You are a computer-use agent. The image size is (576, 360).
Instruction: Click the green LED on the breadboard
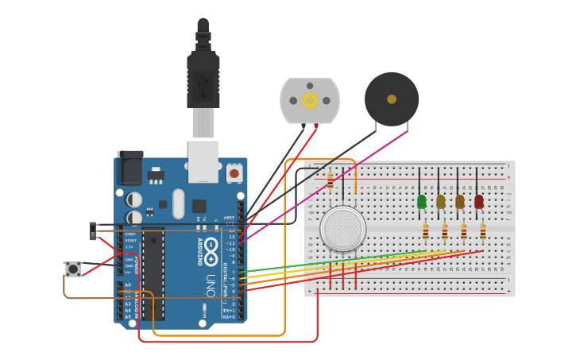(x=422, y=202)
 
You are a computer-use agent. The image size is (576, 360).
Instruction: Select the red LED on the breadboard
(x=479, y=202)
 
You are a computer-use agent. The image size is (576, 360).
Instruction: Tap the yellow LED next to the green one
(x=441, y=202)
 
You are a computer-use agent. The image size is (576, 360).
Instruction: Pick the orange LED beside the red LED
(x=460, y=202)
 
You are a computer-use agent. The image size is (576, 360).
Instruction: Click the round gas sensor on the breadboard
(x=343, y=229)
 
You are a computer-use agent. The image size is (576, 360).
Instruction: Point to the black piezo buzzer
(x=392, y=99)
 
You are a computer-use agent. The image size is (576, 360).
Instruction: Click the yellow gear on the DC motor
(x=310, y=100)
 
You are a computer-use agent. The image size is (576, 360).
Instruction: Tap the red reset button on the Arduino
(x=234, y=172)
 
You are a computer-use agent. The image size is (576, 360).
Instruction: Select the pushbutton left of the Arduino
(x=73, y=269)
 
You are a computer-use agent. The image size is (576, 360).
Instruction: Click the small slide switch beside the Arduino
(x=93, y=231)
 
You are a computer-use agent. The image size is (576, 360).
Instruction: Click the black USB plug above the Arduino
(x=203, y=79)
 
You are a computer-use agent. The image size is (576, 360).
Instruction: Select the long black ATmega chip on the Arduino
(x=153, y=273)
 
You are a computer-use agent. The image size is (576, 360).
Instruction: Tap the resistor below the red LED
(x=483, y=231)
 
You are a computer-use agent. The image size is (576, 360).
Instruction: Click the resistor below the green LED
(x=426, y=231)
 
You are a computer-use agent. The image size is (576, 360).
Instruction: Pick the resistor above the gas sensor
(x=331, y=182)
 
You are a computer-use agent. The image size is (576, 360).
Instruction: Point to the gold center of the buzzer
(x=392, y=99)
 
